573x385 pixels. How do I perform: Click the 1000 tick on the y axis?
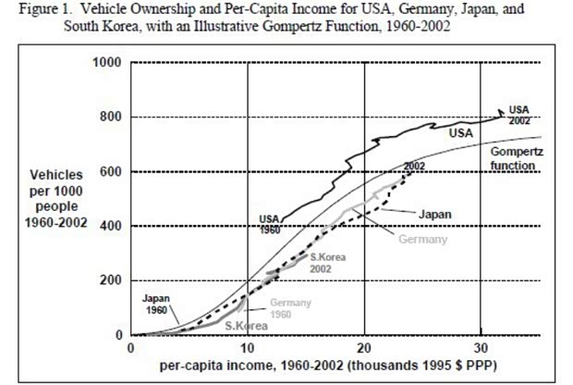109,63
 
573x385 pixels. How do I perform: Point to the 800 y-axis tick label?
113,118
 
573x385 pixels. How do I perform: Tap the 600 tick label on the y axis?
113,172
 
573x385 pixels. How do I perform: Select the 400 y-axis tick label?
113,226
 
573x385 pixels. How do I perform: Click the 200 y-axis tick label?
113,280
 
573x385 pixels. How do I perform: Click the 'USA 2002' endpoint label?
519,115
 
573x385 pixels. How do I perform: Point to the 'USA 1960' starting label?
268,223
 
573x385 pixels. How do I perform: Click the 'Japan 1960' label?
156,304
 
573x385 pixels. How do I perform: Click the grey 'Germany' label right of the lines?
423,239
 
